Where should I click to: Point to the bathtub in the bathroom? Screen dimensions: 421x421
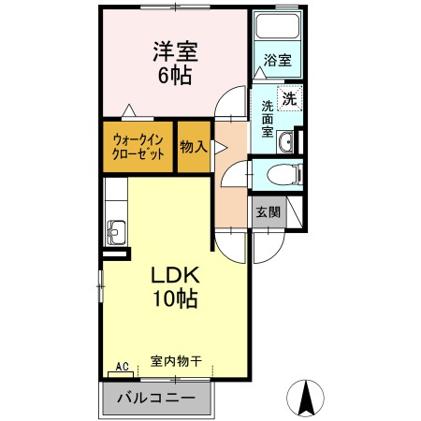277,29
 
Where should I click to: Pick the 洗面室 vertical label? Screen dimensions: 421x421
267,119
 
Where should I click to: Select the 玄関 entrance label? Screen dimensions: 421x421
268,212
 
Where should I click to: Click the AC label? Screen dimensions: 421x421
122,367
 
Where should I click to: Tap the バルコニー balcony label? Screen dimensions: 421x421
156,399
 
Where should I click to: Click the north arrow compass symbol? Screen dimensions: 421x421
306,399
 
